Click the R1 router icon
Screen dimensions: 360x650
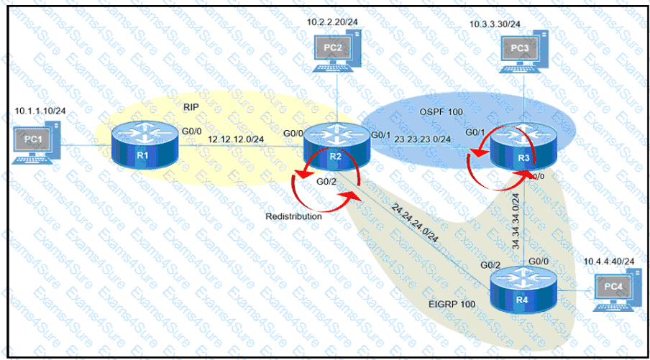142,146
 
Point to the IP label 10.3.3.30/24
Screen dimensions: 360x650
495,24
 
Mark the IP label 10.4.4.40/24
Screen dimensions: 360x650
608,259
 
